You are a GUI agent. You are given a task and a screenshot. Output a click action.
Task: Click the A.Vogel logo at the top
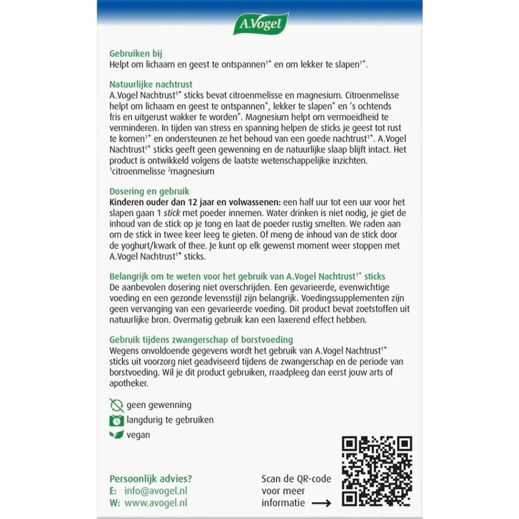261,23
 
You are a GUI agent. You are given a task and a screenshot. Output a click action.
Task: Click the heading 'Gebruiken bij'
136,53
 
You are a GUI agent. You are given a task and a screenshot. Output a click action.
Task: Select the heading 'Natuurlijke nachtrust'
151,84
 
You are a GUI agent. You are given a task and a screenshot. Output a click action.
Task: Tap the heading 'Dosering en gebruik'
149,191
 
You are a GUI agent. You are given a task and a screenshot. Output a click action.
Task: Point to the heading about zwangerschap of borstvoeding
201,339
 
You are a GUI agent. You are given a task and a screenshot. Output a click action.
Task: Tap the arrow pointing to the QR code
321,503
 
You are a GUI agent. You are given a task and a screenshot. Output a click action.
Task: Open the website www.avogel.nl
156,503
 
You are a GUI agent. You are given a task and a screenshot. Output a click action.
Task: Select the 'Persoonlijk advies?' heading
151,479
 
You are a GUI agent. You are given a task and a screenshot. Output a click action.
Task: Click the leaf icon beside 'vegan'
116,435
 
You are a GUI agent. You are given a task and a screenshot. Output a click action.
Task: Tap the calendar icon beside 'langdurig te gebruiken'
116,420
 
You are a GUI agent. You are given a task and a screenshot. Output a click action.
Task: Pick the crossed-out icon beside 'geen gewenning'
116,405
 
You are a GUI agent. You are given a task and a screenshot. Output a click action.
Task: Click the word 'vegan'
138,435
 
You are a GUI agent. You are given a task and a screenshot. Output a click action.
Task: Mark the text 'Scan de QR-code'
296,479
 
